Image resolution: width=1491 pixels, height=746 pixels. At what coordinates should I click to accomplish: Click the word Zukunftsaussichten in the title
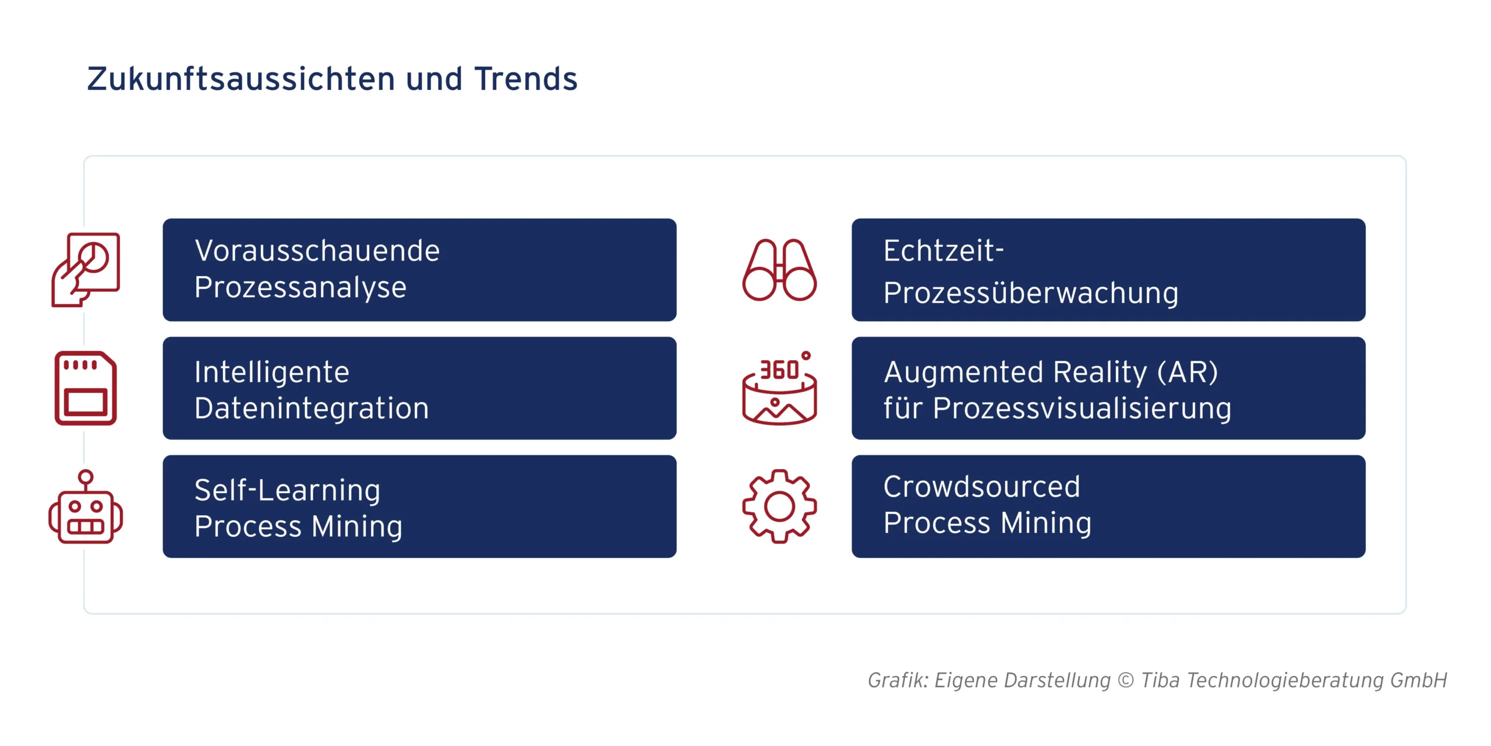241,79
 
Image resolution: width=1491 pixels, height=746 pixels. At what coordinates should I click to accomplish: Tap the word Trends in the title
525,79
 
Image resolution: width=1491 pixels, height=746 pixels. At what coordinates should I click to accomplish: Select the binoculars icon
779,270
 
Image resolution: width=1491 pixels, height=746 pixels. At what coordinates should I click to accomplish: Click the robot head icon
86,507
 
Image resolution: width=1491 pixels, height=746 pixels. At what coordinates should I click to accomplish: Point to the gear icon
779,506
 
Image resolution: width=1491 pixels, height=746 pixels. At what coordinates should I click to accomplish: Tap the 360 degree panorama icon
779,388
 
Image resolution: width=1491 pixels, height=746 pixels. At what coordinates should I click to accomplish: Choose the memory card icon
86,388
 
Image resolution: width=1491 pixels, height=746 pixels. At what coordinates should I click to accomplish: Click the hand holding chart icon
86,269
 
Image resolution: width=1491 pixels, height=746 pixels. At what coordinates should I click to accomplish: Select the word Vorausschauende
317,251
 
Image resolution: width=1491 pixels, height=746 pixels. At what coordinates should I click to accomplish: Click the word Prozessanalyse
301,288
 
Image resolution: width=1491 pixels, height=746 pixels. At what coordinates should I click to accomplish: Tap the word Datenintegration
312,408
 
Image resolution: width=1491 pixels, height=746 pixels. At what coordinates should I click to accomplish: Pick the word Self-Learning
287,490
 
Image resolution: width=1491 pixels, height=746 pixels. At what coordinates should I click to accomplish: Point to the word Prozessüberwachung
1031,293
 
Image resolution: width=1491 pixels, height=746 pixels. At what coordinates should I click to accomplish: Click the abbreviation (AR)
1187,372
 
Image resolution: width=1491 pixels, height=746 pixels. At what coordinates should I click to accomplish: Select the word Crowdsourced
981,487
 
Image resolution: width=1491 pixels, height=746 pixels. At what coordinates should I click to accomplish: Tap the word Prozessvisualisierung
1082,408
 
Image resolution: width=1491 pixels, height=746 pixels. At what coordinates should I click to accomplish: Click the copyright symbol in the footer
1126,680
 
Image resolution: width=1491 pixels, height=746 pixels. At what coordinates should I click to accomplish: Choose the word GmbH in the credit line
1418,680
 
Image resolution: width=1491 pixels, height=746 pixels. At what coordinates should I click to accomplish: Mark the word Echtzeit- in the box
944,251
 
